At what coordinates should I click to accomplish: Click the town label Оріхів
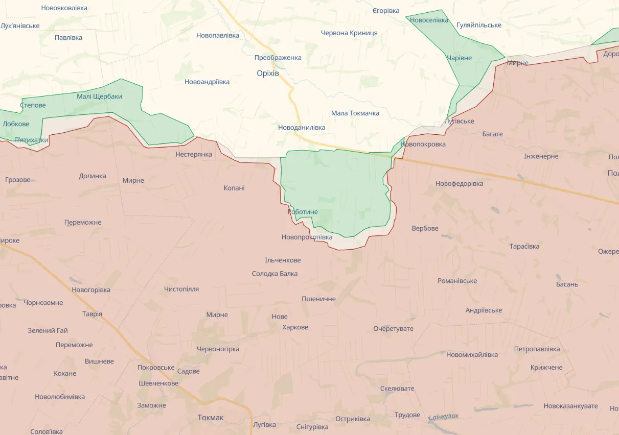coord(268,74)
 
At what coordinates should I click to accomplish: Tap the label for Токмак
coord(211,418)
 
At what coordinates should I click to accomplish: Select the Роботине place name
coord(303,212)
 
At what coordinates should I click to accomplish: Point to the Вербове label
coord(425,228)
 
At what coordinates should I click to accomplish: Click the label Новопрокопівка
coord(307,237)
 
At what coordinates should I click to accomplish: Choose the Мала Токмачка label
coord(355,113)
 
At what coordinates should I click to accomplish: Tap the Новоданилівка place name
coord(302,127)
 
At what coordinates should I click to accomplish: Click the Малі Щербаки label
coord(99,96)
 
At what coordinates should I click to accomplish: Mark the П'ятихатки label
coord(31,140)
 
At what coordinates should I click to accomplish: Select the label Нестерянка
coord(193,154)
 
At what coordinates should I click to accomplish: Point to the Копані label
coord(234,188)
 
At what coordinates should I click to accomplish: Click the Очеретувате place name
coord(393,328)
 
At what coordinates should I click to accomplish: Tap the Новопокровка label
coord(423,144)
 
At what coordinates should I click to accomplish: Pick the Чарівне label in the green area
coord(459,58)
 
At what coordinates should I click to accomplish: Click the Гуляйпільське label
coord(479,25)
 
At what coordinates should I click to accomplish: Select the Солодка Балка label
coord(274,274)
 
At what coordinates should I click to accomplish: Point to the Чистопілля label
coord(181,289)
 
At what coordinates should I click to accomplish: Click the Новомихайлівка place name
coord(472,354)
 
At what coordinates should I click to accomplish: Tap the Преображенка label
coord(278,58)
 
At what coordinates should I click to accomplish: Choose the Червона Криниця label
coord(349,33)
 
